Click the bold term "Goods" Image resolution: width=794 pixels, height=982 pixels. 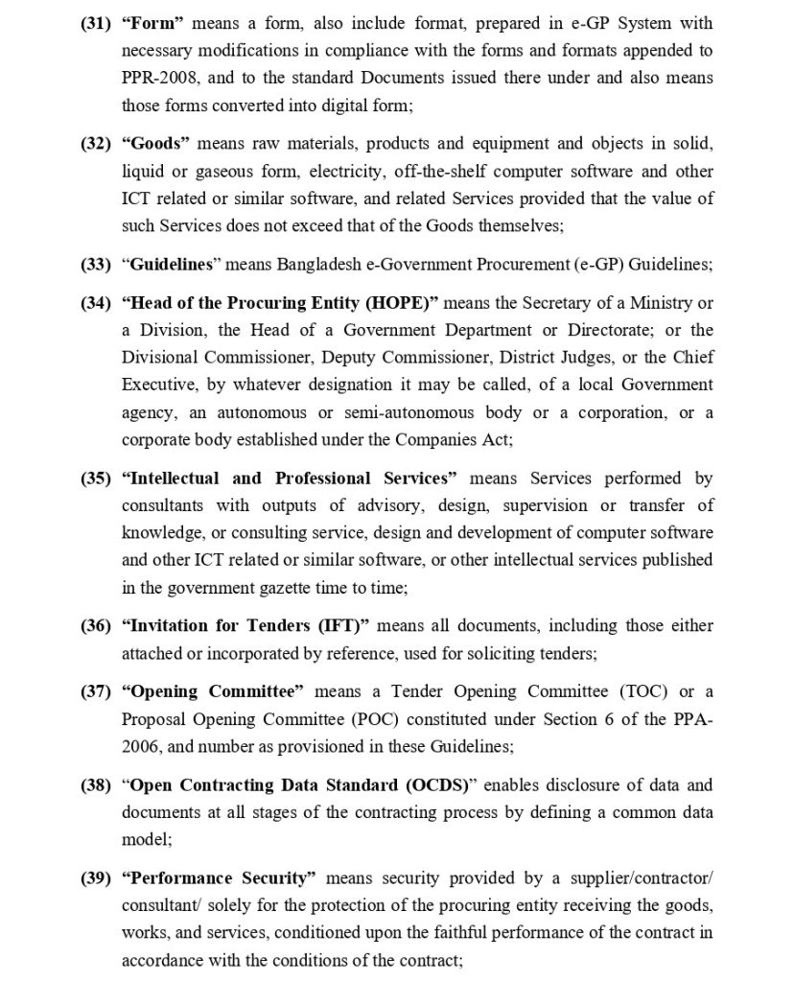156,144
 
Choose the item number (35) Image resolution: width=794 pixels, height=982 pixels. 97,479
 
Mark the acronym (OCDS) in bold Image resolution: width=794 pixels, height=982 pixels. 432,785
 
